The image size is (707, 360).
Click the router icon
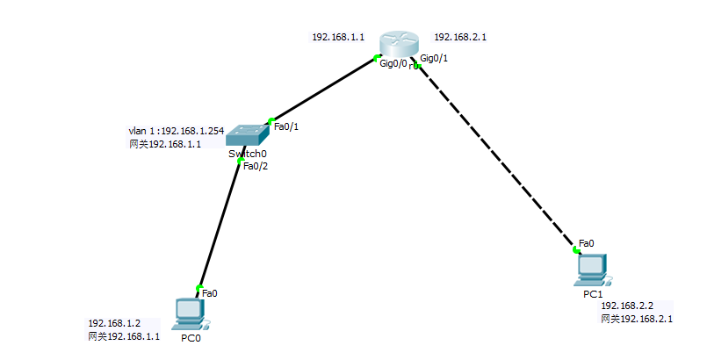tap(400, 44)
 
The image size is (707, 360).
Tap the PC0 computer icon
tap(190, 312)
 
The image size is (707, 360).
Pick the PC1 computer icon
tap(593, 268)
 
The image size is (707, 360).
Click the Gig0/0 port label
tap(393, 64)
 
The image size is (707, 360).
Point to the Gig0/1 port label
tap(435, 58)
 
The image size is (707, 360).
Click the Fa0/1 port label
tap(286, 126)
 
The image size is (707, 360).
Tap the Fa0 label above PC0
tap(210, 292)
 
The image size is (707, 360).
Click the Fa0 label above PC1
tap(587, 243)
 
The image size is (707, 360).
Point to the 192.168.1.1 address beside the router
tap(338, 38)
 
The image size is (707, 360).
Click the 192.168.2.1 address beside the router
tap(460, 38)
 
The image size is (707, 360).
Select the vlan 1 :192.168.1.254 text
tap(176, 131)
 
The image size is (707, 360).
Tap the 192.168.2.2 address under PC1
tap(627, 306)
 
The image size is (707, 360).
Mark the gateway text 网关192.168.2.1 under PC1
tap(637, 319)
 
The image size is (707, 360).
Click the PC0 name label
tap(191, 338)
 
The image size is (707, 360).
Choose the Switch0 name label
tap(247, 155)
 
